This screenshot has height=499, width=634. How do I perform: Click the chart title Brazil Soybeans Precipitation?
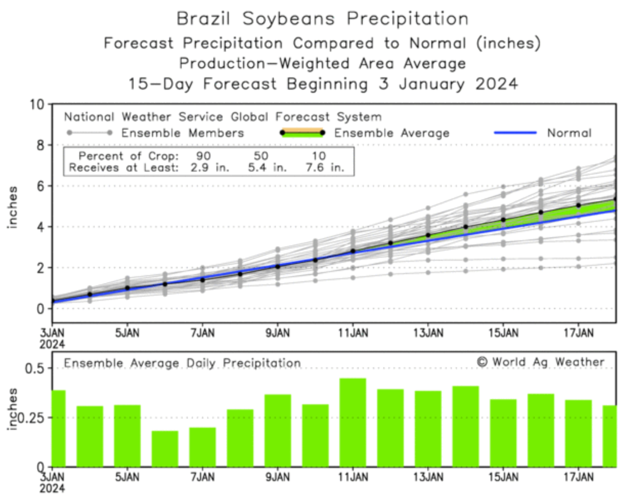322,19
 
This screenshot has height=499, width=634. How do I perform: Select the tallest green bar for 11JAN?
353,422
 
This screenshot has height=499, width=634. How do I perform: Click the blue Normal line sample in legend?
515,133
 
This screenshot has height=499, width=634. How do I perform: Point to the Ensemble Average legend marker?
302,133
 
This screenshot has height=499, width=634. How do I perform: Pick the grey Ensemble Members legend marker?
89,133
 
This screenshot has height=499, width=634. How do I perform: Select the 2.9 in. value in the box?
210,168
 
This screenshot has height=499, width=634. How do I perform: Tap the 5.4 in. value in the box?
267,168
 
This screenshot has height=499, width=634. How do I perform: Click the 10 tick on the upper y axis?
37,105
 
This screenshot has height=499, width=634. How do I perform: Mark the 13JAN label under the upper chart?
428,333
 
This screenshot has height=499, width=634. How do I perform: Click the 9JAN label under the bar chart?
277,477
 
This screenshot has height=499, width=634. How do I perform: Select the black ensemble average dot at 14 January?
466,226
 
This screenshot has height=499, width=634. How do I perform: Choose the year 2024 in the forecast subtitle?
496,84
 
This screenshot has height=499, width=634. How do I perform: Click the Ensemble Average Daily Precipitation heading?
182,363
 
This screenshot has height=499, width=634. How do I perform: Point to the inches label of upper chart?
12,207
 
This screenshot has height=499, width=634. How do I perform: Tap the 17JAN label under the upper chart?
578,333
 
